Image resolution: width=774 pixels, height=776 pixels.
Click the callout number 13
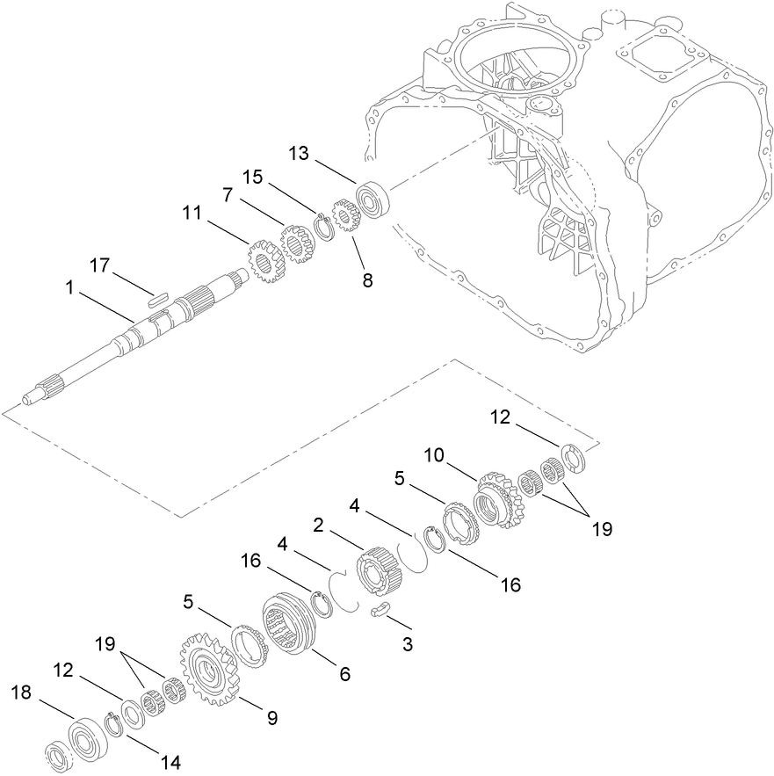coord(300,155)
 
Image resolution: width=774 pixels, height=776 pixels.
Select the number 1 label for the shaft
coord(69,287)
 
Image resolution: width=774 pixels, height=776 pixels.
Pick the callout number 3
coord(407,644)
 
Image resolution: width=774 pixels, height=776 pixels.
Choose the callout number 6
coord(345,674)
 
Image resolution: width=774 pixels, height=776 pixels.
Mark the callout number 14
coord(170,761)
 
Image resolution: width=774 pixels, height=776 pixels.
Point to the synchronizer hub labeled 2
coord(380,575)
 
